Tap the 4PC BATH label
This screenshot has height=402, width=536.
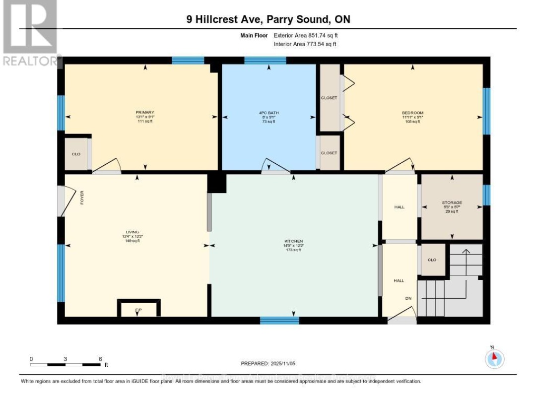[x=268, y=113]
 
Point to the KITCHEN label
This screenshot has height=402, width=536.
[x=293, y=241]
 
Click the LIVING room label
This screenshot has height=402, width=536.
[x=132, y=232]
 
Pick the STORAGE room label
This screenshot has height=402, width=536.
[x=452, y=202]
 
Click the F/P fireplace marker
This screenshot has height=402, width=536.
[x=138, y=310]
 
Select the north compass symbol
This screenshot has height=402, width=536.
[x=494, y=357]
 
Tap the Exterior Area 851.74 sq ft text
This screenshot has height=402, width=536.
[x=305, y=36]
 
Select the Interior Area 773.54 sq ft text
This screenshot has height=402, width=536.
[x=305, y=44]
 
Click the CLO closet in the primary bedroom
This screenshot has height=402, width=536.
[x=76, y=154]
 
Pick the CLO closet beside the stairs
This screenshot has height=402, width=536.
[x=432, y=260]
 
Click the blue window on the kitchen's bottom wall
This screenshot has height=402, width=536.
[x=279, y=320]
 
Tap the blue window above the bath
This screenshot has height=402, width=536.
[x=265, y=60]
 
